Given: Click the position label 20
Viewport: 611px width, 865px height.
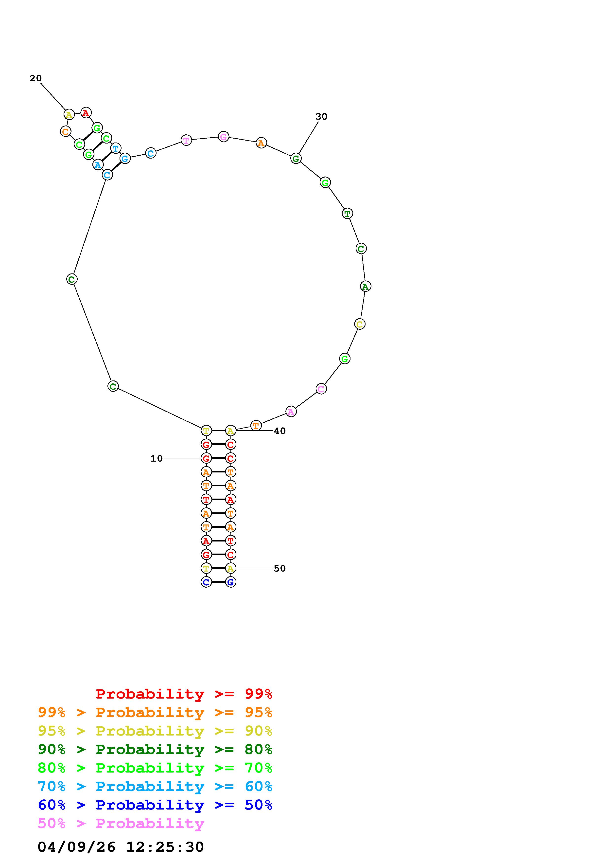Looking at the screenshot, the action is click(35, 78).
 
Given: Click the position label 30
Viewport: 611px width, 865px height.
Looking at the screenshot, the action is click(321, 117).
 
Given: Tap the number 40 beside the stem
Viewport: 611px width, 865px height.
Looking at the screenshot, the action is click(280, 431).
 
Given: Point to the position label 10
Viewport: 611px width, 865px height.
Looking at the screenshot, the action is click(157, 458).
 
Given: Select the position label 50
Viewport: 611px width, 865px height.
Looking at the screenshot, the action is click(280, 569).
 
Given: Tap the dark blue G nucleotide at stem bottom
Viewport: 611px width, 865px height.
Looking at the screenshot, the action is click(231, 582).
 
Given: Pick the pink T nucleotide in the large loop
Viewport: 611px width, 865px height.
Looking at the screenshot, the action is click(186, 140).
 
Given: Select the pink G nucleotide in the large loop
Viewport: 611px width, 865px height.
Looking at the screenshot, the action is click(224, 137).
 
